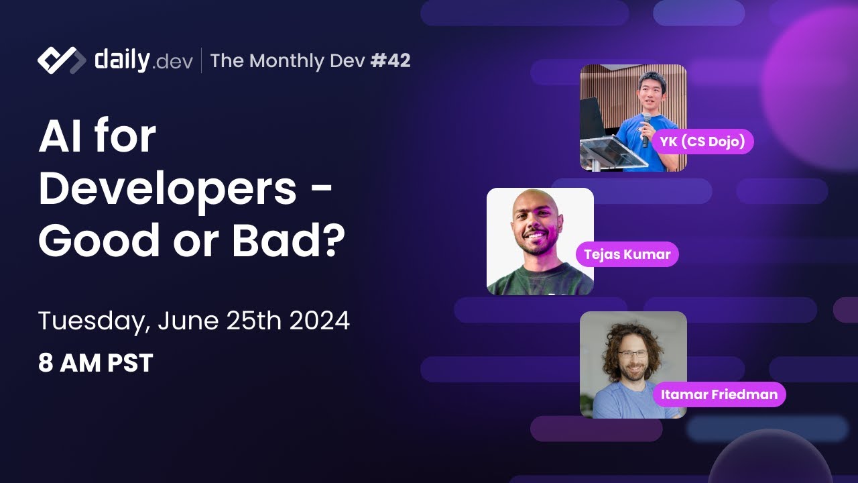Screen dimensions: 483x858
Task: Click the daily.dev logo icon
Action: pyautogui.click(x=61, y=60)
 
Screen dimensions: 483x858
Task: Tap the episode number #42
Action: pyautogui.click(x=390, y=61)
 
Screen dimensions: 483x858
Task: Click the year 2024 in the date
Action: pyautogui.click(x=319, y=321)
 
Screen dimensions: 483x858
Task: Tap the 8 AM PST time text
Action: pyautogui.click(x=95, y=363)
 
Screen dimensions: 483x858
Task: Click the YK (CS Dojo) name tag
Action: pyautogui.click(x=702, y=142)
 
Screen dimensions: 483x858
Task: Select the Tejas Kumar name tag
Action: pyautogui.click(x=627, y=254)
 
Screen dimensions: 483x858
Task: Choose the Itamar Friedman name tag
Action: pyautogui.click(x=719, y=394)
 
